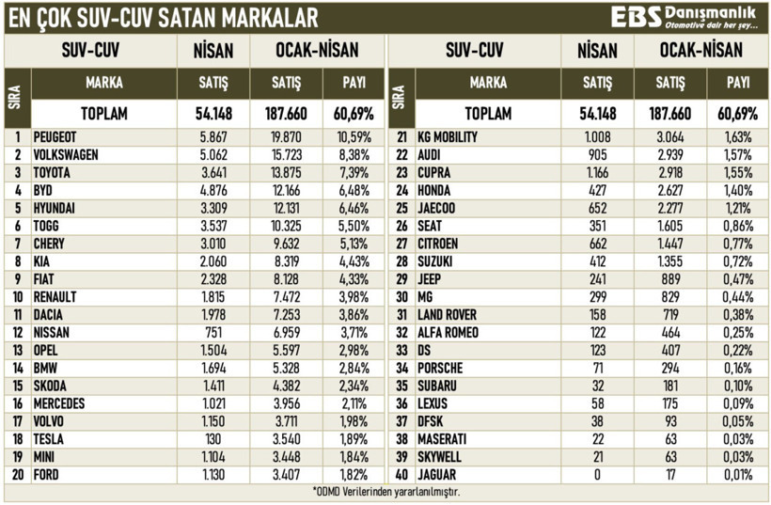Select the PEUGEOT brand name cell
[x=55, y=136]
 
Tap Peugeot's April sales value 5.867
[x=213, y=136]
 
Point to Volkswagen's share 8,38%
[x=353, y=154]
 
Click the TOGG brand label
[x=47, y=226]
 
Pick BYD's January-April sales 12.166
[x=287, y=190]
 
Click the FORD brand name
[x=46, y=476]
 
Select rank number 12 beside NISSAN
[x=17, y=333]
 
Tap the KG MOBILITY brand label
[x=448, y=136]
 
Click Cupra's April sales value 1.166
[x=597, y=172]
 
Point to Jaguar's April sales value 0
[x=597, y=476]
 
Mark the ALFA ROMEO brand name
[x=448, y=333]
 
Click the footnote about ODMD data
[x=385, y=492]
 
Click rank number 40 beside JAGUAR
[x=401, y=476]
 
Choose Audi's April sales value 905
[x=597, y=154]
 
